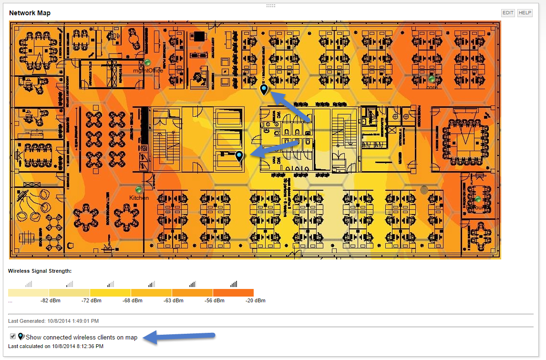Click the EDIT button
pos(508,13)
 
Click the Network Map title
pos(30,13)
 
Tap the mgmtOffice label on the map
pos(148,71)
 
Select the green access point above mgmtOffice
pos(148,62)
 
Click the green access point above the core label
pos(432,79)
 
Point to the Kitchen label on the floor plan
pos(139,197)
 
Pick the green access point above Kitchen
pos(139,190)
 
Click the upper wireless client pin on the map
pos(264,89)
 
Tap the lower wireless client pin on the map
pos(239,155)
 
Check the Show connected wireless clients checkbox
pos(13,336)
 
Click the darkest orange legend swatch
pos(233,292)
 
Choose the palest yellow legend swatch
pos(28,292)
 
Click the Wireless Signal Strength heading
pos(40,271)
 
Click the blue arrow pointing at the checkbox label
pos(184,337)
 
